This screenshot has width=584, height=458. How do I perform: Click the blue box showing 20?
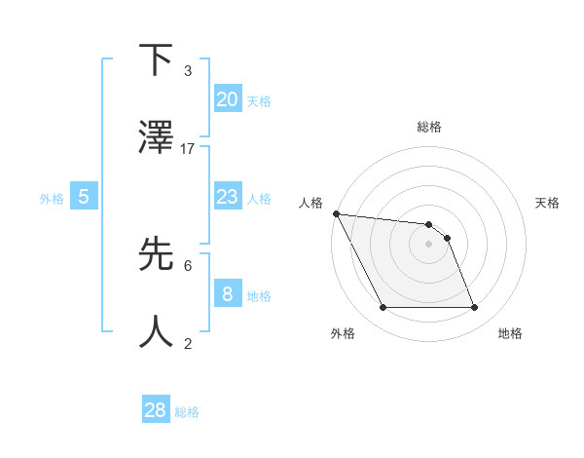coord(227,98)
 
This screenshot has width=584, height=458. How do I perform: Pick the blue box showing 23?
coord(227,197)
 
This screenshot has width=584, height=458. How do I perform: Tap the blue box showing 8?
coord(227,293)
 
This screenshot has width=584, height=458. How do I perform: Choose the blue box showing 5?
coord(84,197)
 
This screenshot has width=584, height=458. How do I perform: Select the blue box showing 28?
coord(156,410)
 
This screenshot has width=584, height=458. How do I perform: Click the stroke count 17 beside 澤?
coord(188,149)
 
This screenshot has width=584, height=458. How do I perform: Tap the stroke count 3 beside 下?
coord(188,71)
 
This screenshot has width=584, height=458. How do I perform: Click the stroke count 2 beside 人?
coord(188,343)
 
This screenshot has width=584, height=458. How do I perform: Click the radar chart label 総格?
coord(429,127)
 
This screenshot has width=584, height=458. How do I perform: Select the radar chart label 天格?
coord(548,203)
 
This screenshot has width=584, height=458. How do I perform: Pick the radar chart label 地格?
coord(510,333)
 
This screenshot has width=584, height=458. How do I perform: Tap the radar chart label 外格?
coord(343,333)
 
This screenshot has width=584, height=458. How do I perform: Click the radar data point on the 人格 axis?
coord(336,213)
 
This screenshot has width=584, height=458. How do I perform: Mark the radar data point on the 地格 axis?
coord(475,308)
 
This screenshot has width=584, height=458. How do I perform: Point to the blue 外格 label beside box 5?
coord(52,198)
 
